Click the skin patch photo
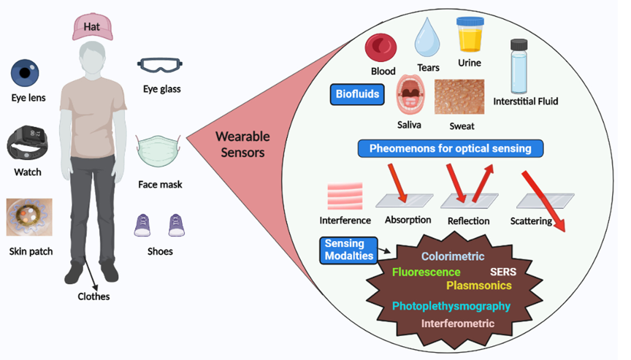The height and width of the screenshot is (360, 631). point(28,218)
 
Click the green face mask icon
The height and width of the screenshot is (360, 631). point(159,152)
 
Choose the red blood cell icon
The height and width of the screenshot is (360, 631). point(380,48)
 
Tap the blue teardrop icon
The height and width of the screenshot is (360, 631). point(428,39)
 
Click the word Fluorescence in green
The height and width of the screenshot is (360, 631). point(426,272)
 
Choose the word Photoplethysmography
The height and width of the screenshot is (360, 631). point(451,306)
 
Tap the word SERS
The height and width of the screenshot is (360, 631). point(503,272)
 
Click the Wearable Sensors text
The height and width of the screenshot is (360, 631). point(242,145)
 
